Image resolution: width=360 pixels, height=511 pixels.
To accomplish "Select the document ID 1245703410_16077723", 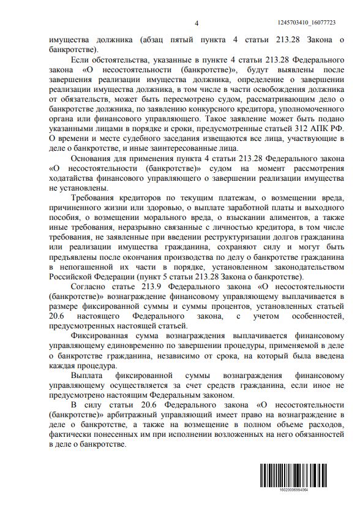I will click(x=320, y=23).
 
